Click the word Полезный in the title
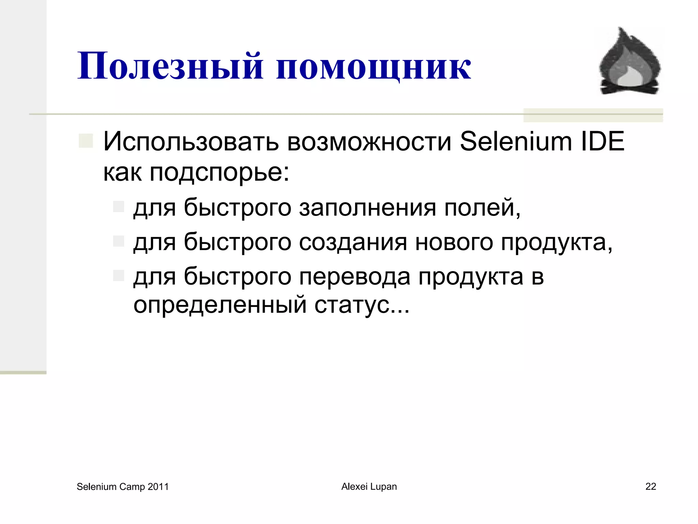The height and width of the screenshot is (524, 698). pyautogui.click(x=170, y=67)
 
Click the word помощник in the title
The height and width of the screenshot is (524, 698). pyautogui.click(x=374, y=67)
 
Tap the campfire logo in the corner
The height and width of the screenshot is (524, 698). pyautogui.click(x=629, y=61)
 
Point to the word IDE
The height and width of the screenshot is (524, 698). pyautogui.click(x=603, y=142)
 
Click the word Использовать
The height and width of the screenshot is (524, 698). pyautogui.click(x=191, y=142)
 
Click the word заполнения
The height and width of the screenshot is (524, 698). pyautogui.click(x=368, y=208)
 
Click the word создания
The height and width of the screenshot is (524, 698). pyautogui.click(x=353, y=243)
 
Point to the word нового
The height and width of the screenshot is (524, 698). pyautogui.click(x=454, y=243)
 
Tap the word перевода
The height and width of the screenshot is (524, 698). pyautogui.click(x=355, y=277)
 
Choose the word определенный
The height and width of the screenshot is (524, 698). pyautogui.click(x=220, y=305)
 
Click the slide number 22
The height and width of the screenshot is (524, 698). pyautogui.click(x=651, y=486)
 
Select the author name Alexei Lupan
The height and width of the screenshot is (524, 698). pyautogui.click(x=369, y=486)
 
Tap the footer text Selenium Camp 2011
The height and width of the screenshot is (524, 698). pyautogui.click(x=123, y=486)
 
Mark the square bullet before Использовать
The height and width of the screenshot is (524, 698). pyautogui.click(x=86, y=141)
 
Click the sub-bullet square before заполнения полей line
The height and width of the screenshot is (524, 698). pyautogui.click(x=119, y=206)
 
